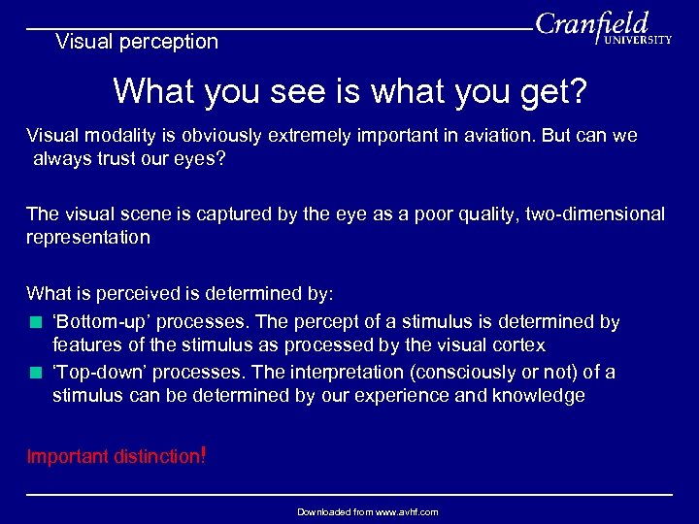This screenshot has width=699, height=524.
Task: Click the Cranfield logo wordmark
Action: pyautogui.click(x=592, y=23)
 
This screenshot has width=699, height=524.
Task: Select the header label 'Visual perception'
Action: pyautogui.click(x=137, y=42)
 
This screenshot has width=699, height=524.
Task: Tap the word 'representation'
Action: pyautogui.click(x=88, y=238)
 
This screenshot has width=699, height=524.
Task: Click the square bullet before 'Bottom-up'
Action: pyautogui.click(x=35, y=322)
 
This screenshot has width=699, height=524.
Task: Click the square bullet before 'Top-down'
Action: pyautogui.click(x=35, y=373)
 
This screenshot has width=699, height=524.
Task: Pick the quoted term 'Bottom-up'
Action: pyautogui.click(x=100, y=321)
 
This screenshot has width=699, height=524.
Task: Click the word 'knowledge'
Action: pyautogui.click(x=539, y=396)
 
